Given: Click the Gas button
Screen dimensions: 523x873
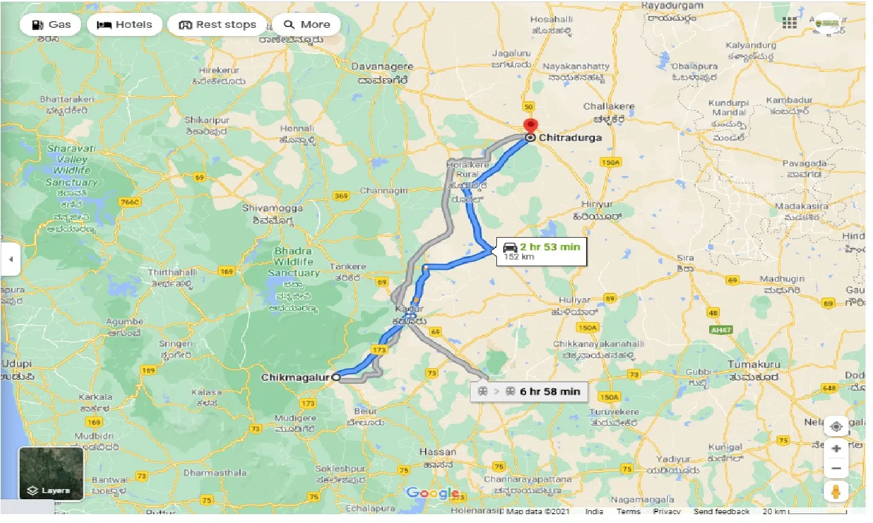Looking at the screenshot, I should click(x=51, y=24).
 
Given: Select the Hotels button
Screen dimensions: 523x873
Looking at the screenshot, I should click(x=124, y=24).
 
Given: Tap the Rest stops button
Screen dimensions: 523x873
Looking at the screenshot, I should click(x=218, y=24).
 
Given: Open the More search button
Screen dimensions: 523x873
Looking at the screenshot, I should click(x=307, y=24).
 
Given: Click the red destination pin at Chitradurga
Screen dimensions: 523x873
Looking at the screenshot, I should click(x=530, y=127).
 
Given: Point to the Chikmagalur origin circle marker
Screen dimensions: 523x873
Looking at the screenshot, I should click(x=335, y=376).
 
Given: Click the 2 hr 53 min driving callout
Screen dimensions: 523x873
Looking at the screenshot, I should click(x=541, y=251).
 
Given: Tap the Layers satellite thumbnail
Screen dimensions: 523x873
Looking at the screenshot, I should click(x=51, y=473).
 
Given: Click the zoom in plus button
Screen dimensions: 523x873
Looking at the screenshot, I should click(x=836, y=448).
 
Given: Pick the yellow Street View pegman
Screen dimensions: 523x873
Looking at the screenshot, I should click(x=836, y=491).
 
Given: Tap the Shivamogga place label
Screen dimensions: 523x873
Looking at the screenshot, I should click(x=271, y=208).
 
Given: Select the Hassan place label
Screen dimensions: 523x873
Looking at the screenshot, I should click(x=439, y=452).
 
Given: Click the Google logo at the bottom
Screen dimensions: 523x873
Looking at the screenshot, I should click(x=432, y=494).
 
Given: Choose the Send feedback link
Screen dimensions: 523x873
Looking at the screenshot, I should click(x=721, y=511).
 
